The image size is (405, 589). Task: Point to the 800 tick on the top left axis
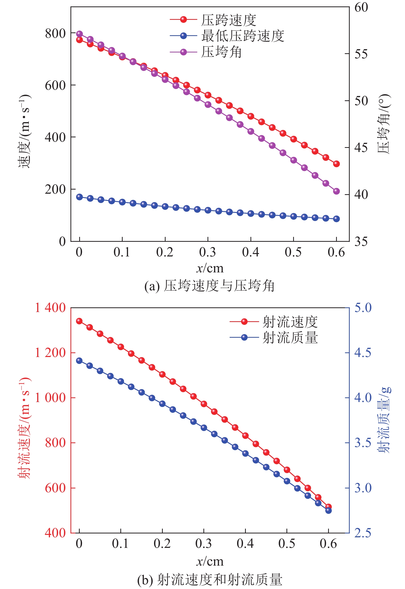[x=55, y=33]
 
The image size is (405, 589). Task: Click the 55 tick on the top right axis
[x=361, y=54]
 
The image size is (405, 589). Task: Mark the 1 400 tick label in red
[x=50, y=308]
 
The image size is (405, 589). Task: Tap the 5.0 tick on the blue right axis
[x=363, y=308]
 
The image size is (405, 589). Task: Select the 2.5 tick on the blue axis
[x=363, y=533]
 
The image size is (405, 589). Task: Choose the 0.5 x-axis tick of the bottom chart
[x=287, y=543]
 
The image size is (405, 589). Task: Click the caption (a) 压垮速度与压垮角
[x=210, y=286]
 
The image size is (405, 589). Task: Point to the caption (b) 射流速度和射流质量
[x=210, y=580]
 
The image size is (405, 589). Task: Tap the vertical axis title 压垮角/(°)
[x=384, y=124]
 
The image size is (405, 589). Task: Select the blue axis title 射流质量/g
[x=384, y=420]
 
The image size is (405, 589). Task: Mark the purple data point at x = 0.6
[x=336, y=191]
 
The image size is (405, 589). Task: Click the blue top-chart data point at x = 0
[x=79, y=197]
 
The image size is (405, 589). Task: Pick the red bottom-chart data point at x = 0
[x=79, y=321]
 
